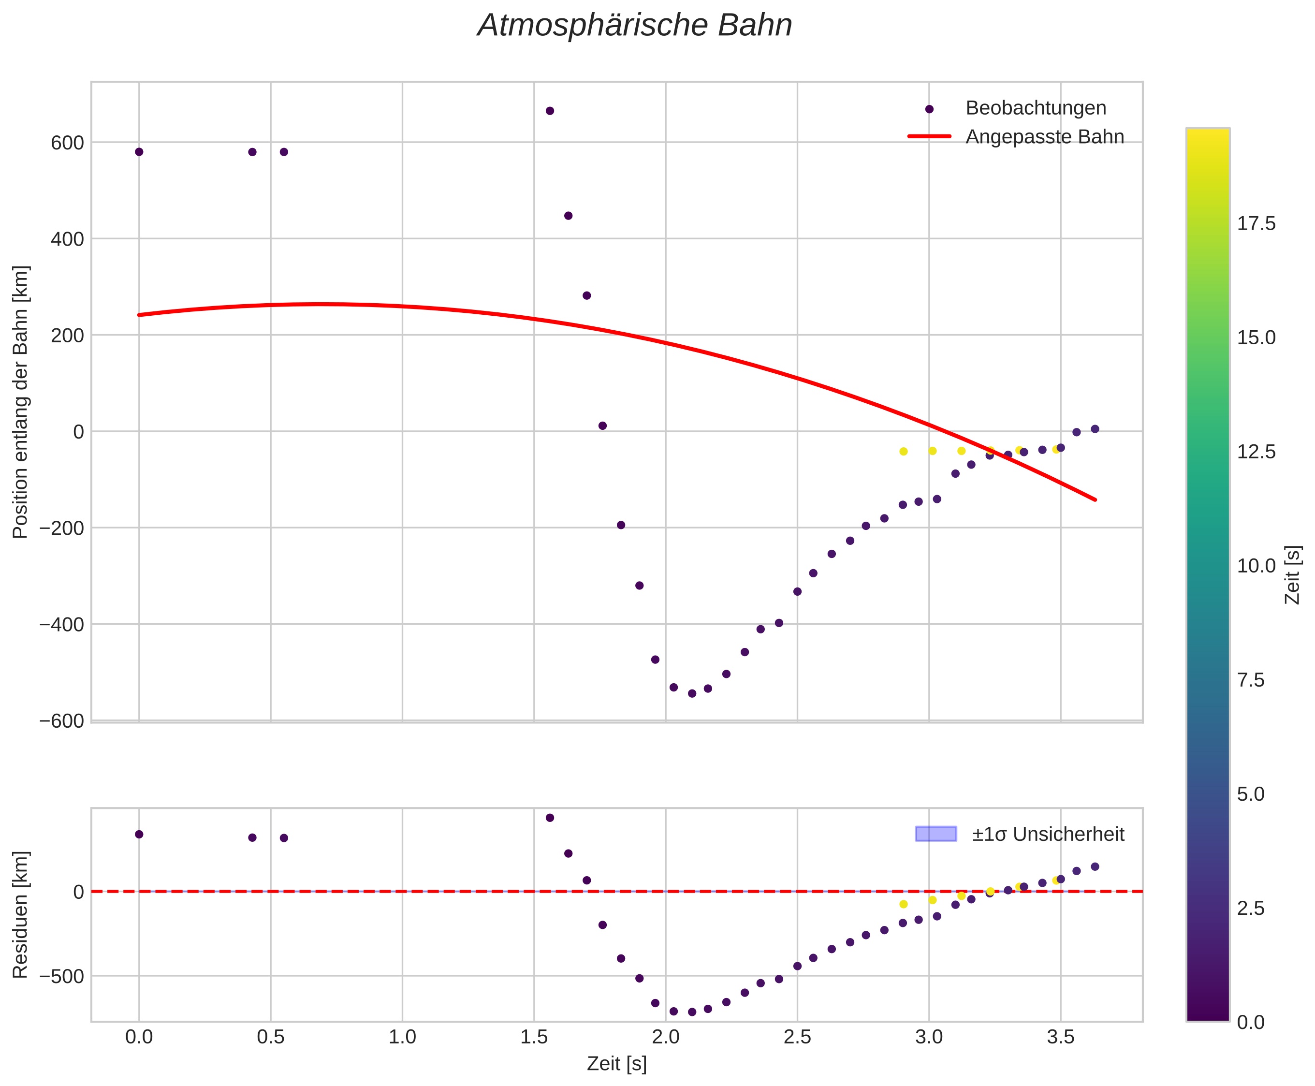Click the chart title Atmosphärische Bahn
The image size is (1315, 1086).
coord(634,26)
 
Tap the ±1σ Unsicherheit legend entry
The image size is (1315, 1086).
coord(1047,834)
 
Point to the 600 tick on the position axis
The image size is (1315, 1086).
coord(67,143)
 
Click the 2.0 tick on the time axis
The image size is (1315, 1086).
coord(666,1037)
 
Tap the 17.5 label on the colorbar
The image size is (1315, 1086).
coord(1256,224)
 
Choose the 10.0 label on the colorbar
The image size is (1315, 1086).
coord(1256,566)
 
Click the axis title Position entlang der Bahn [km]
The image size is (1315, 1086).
coord(21,402)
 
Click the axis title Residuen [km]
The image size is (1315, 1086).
coord(21,915)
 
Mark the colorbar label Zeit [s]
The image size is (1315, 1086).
coord(1292,574)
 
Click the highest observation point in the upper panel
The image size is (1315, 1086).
coord(550,111)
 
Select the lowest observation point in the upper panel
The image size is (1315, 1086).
coord(692,693)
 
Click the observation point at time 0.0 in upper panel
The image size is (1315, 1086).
coord(139,152)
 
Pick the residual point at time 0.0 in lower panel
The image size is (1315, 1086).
coord(139,834)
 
